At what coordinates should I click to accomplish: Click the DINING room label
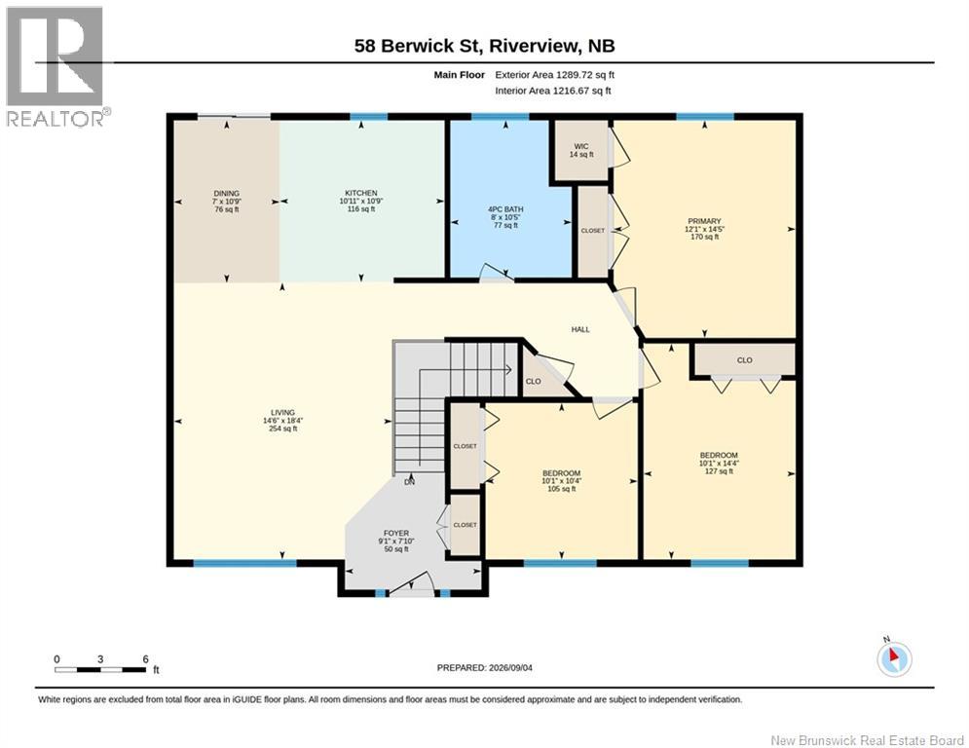coord(227,201)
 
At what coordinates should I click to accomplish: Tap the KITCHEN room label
coord(361,201)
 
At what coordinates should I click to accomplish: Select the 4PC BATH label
coord(505,217)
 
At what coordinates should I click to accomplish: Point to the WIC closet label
coord(580,150)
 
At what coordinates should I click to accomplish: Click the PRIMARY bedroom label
coord(704,229)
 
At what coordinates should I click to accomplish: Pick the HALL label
coord(580,329)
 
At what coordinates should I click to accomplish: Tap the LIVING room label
coord(282,421)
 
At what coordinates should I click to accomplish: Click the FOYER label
coord(396,541)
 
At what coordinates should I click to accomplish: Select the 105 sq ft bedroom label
coord(561,481)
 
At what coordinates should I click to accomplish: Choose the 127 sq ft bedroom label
coord(719,463)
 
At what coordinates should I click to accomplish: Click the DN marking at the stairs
coord(409,482)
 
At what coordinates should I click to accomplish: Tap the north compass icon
coord(894,657)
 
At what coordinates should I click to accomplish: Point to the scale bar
coord(101,665)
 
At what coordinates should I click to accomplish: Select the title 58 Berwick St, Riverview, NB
coord(485,46)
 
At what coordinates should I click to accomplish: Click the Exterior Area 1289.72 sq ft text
coord(554,75)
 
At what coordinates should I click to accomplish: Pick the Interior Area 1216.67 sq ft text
coord(552,91)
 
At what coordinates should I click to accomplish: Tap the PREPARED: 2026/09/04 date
coord(485,667)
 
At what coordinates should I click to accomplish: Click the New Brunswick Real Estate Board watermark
coord(867,740)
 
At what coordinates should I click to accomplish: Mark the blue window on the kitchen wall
coord(369,116)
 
